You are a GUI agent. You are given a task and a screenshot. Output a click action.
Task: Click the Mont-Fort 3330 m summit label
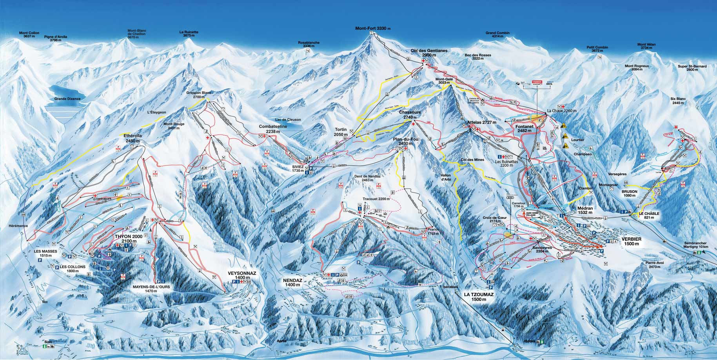pyautogui.click(x=373, y=29)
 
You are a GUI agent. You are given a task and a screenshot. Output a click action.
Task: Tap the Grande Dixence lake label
pyautogui.click(x=67, y=99)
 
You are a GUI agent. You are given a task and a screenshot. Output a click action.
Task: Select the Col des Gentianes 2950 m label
pyautogui.click(x=429, y=53)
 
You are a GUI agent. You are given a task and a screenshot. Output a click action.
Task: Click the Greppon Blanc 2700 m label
pyautogui.click(x=201, y=95)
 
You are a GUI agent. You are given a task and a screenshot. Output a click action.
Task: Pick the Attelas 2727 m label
pyautogui.click(x=482, y=123)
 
